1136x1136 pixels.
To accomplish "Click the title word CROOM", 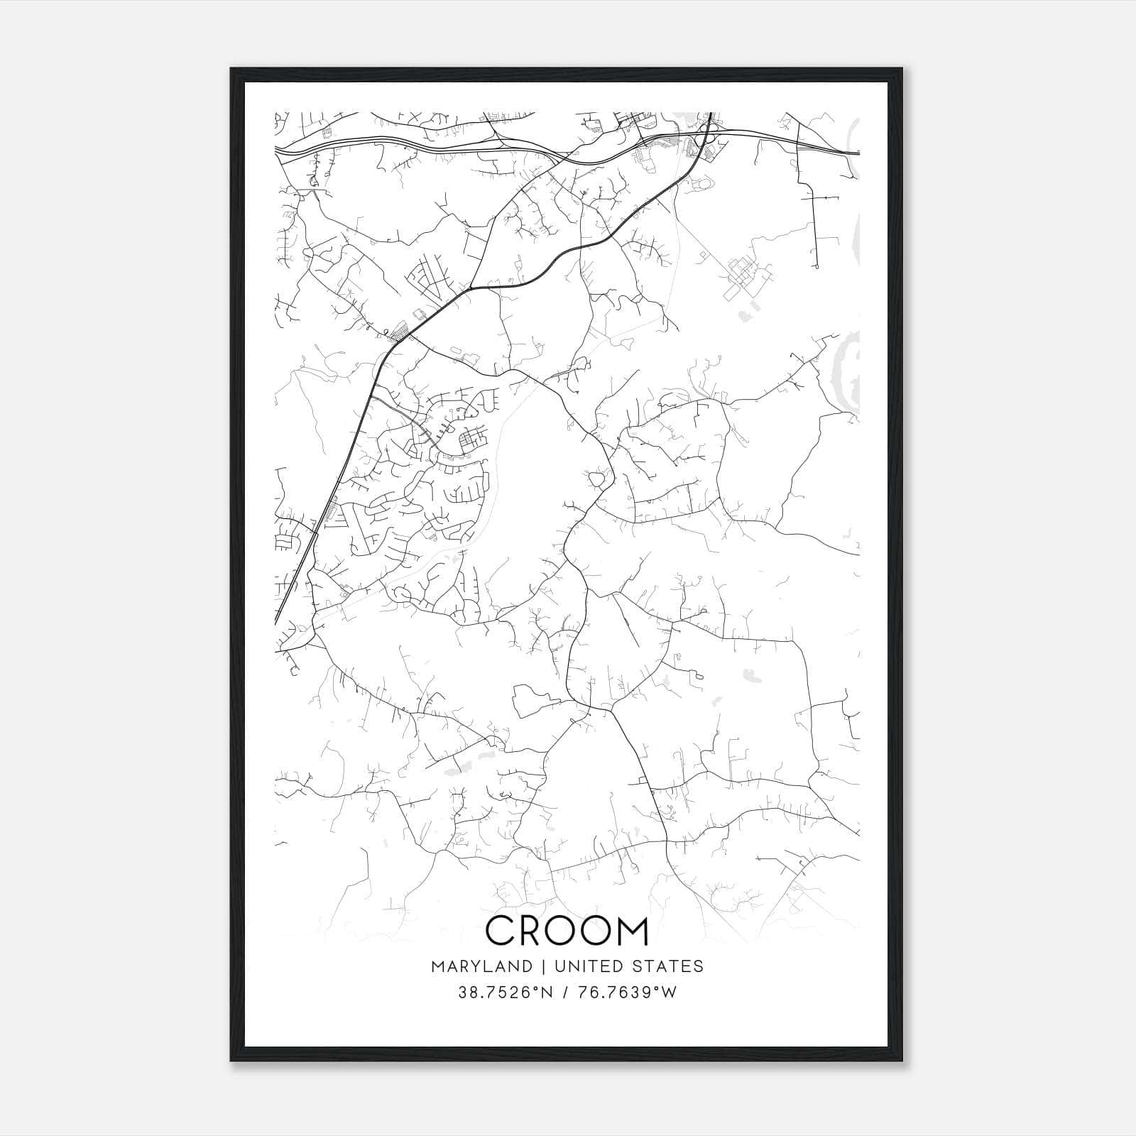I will tap(567, 931).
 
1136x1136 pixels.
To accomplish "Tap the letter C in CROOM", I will tap(503, 931).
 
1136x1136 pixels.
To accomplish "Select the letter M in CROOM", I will tap(630, 931).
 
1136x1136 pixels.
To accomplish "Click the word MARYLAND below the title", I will tap(481, 966).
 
